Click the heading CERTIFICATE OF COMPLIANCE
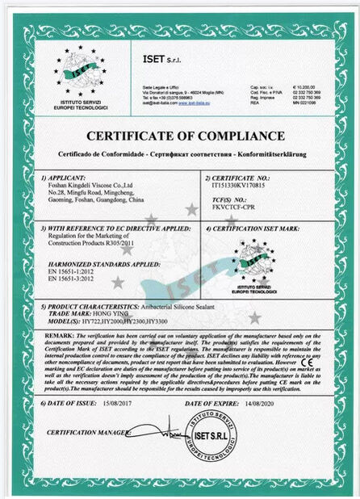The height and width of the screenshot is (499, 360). (x=180, y=134)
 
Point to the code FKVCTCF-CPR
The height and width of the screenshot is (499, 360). (x=232, y=208)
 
